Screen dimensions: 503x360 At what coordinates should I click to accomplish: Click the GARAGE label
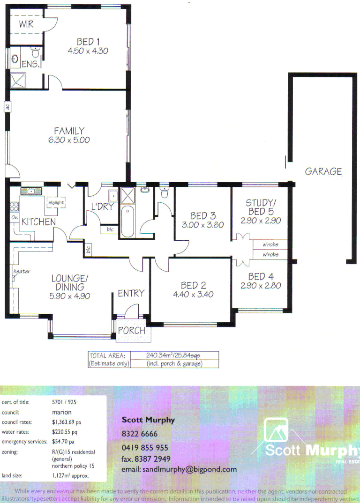click(323, 171)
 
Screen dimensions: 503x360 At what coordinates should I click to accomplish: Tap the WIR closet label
click(26, 24)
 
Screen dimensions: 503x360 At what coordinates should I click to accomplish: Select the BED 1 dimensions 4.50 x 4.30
click(88, 51)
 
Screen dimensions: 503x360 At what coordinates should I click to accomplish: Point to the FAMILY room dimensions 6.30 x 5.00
click(69, 140)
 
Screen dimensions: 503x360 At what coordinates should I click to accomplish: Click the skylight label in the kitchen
click(56, 202)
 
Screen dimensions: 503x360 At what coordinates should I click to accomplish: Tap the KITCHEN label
click(39, 222)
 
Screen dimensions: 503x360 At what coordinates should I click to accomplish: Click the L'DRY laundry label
click(102, 207)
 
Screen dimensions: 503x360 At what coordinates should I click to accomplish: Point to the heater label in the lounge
click(22, 271)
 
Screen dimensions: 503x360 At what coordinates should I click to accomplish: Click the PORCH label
click(131, 331)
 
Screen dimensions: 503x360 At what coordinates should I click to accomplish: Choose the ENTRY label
click(131, 293)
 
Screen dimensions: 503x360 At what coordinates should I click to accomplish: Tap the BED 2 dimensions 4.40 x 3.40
click(193, 295)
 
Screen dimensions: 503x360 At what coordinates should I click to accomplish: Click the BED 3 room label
click(203, 216)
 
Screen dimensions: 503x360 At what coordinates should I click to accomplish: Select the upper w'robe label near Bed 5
click(270, 245)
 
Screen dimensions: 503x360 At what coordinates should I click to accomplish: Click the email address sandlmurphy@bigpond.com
click(179, 469)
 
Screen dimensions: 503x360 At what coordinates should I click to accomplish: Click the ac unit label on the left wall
click(7, 107)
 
